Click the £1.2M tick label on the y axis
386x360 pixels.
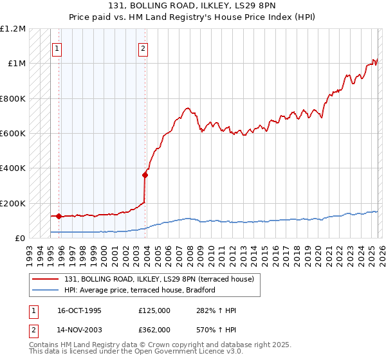pos(14,29)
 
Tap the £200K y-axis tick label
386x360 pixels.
pos(13,203)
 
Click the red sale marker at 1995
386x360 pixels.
pos(59,216)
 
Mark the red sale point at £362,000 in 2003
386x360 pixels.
pos(145,175)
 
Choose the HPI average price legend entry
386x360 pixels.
pos(138,290)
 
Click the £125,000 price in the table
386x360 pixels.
pos(154,310)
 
